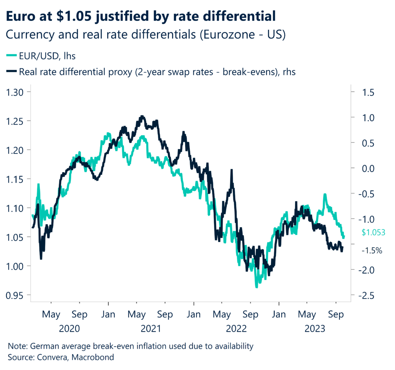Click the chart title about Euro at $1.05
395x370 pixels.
142,17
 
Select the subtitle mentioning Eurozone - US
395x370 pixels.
146,35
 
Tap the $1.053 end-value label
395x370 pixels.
373,233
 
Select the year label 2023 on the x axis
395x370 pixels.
314,329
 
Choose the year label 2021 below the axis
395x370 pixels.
151,329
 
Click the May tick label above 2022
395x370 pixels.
221,314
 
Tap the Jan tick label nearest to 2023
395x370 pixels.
278,314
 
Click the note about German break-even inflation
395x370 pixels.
131,346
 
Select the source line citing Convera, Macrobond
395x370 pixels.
61,357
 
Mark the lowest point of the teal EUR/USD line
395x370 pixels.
256,287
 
